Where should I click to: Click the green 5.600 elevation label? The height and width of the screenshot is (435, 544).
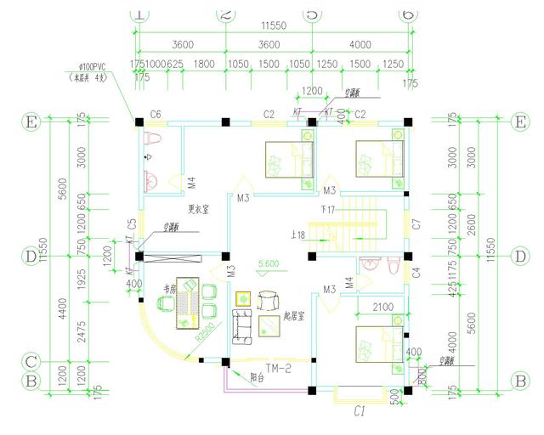pyautogui.click(x=270, y=264)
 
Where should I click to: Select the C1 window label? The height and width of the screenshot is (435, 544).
pyautogui.click(x=359, y=411)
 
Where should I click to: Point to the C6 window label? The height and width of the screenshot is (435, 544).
pyautogui.click(x=156, y=114)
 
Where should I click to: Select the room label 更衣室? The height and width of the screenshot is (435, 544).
pyautogui.click(x=197, y=209)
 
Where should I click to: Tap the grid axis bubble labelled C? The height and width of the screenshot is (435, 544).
pyautogui.click(x=31, y=361)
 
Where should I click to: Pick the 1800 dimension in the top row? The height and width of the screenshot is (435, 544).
pyautogui.click(x=204, y=64)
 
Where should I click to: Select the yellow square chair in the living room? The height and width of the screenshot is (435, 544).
pyautogui.click(x=242, y=299)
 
